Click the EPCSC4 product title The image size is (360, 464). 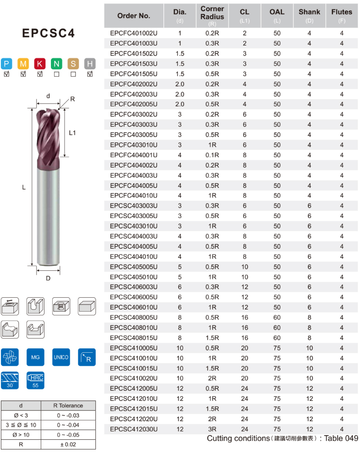coord(49,33)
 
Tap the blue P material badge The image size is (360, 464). coord(6,64)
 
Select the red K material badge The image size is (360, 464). coord(40,64)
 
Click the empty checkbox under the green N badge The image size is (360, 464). coord(56,74)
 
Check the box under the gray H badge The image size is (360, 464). coord(90,74)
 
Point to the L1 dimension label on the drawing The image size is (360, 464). coord(72,133)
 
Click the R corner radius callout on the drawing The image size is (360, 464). coord(72,99)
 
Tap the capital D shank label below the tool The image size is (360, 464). coord(48,278)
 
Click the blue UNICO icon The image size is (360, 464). coord(61,357)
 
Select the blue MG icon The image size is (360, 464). coord(36,357)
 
